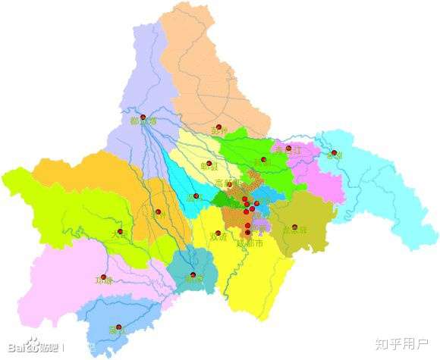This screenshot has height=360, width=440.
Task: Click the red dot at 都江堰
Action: tap(143, 117)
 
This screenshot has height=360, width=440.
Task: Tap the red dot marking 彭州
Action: tap(219, 127)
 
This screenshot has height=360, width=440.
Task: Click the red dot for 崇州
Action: tap(158, 211)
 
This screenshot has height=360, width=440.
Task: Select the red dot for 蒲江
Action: tap(118, 327)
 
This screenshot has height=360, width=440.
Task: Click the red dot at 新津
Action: tap(193, 274)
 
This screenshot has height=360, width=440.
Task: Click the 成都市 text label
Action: tap(250, 243)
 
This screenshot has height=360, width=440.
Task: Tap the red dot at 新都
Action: tap(264, 159)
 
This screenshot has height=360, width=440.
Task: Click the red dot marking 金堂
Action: tap(332, 152)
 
